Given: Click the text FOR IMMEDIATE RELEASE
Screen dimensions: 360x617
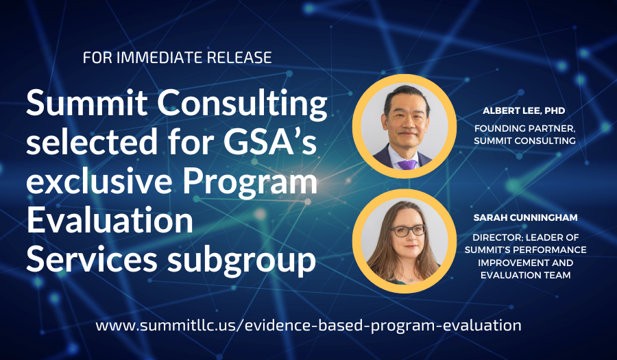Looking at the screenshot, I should click(x=177, y=57).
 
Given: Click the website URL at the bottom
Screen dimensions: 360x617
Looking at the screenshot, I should click(x=308, y=324).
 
